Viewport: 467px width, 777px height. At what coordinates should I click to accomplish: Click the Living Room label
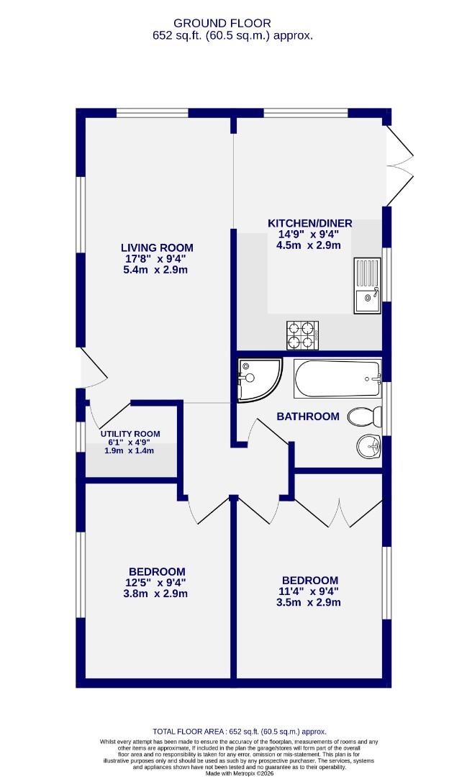point(156,247)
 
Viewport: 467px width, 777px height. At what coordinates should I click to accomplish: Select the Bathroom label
point(308,416)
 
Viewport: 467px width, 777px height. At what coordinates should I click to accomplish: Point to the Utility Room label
point(130,434)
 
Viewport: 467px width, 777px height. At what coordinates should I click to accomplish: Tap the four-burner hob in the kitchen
point(303,334)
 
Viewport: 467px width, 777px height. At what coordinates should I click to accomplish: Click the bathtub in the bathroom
point(337,378)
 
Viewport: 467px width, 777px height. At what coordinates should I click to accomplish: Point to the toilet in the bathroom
point(363,417)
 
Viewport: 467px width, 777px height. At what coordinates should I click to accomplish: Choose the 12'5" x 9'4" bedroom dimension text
point(157,583)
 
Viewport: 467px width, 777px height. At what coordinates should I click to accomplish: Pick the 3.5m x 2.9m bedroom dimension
point(309,602)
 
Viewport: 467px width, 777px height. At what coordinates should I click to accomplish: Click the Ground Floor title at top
point(232,22)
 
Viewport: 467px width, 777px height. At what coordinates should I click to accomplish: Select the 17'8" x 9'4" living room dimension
point(156,259)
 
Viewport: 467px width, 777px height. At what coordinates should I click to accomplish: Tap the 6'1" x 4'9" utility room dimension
point(130,442)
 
